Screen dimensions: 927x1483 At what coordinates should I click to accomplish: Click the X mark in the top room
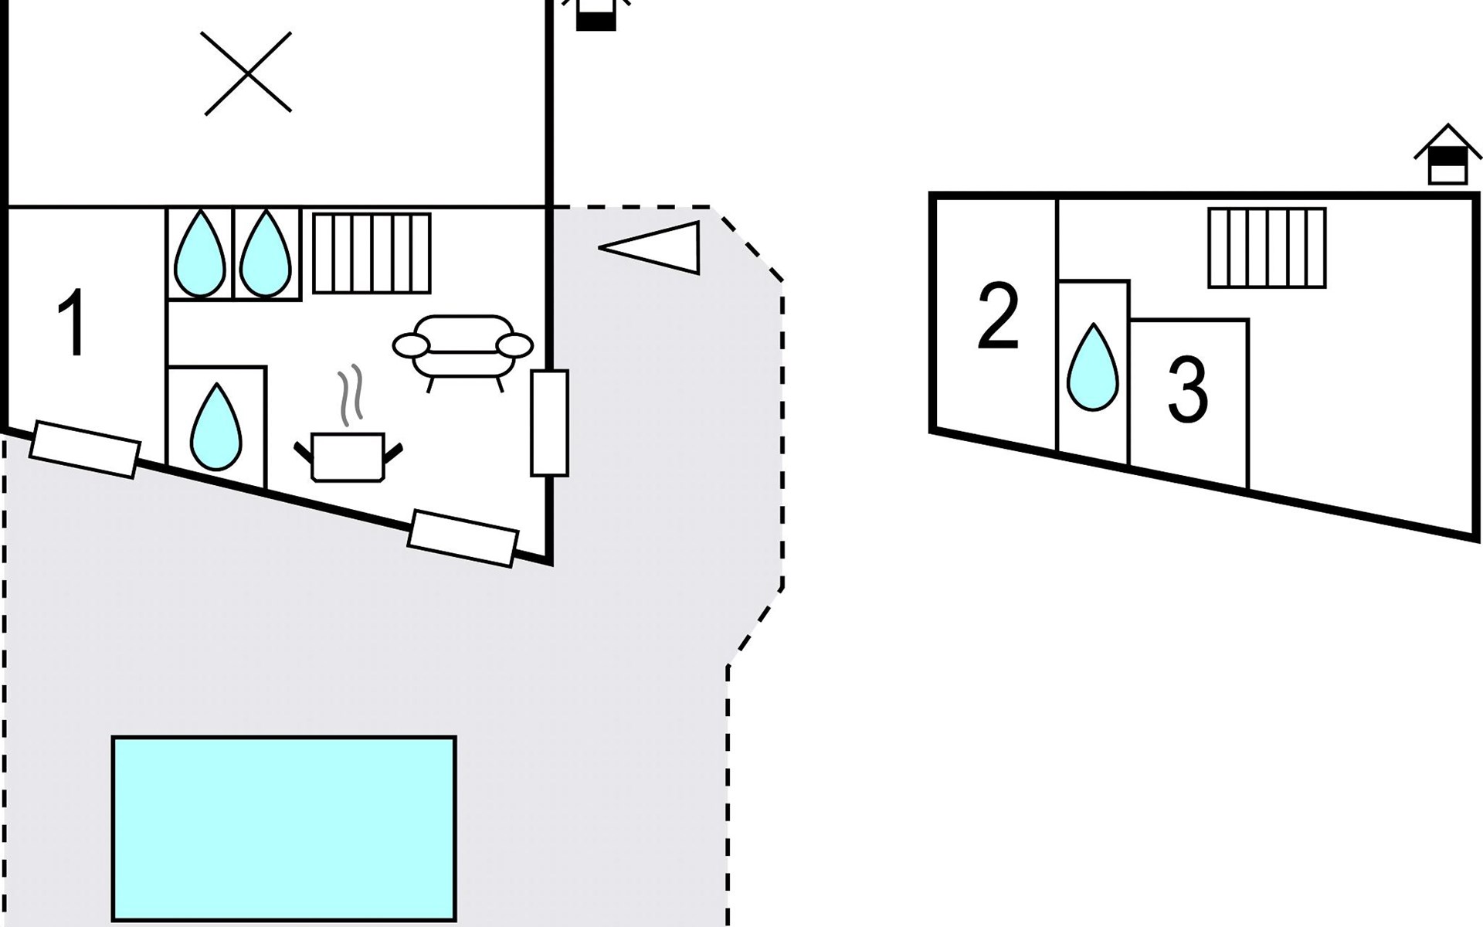point(248,73)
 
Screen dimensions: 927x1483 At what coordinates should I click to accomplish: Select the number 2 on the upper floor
point(998,316)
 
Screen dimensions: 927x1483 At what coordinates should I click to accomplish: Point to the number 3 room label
point(1187,390)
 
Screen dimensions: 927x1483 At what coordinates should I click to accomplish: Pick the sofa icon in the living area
point(463,348)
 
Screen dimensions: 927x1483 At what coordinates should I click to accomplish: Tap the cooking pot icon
point(348,457)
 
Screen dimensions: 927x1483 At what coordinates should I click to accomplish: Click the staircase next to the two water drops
point(372,253)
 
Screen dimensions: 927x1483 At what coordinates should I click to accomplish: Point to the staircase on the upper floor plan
point(1267,247)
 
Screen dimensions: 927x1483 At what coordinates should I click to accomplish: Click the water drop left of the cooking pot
point(216,426)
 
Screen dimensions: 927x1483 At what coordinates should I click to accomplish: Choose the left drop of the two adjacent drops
point(200,253)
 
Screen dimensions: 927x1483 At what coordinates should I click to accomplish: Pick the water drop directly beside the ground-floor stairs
point(266,253)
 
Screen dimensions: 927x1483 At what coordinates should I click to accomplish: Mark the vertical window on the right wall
point(549,423)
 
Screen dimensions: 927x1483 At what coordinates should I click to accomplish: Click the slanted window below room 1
point(85,449)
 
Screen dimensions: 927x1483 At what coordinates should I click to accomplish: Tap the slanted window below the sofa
point(463,538)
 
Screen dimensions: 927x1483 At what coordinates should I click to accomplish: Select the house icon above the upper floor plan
point(1447,156)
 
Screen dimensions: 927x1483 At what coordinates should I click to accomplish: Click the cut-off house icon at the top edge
point(596,14)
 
